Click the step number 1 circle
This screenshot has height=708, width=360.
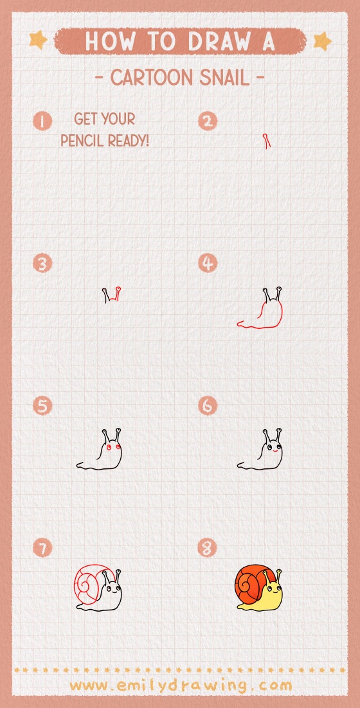point(42,121)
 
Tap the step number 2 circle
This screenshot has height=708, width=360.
point(208,121)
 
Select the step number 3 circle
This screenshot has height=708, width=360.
point(42,263)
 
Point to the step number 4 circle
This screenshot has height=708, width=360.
point(208,263)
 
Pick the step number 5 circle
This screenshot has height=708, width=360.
point(42,406)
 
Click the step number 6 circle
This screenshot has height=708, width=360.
point(208,406)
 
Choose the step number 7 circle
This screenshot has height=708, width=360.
point(42,548)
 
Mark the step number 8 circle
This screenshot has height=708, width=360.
point(208,548)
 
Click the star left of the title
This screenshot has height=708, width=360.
point(39,40)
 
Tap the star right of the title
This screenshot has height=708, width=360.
point(322,41)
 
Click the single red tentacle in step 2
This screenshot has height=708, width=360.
point(266,141)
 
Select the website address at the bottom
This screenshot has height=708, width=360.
point(181,686)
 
